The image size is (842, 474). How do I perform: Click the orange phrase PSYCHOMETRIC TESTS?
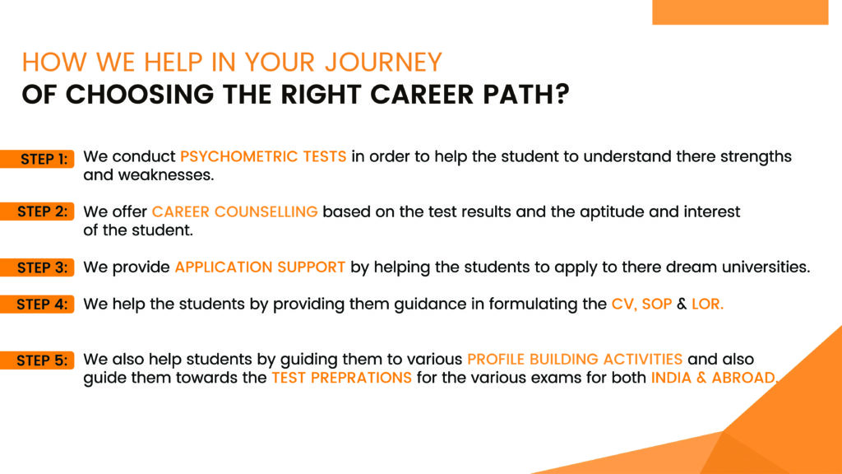pyautogui.click(x=263, y=156)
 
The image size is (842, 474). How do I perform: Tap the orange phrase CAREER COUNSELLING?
pyautogui.click(x=234, y=211)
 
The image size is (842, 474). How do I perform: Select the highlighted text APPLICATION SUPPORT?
pyautogui.click(x=260, y=267)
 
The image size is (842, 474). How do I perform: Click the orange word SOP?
pyautogui.click(x=657, y=304)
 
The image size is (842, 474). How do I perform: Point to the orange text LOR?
pyautogui.click(x=707, y=304)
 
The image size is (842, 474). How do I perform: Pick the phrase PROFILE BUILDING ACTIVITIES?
pyautogui.click(x=575, y=359)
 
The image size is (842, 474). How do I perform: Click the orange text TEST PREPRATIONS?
pyautogui.click(x=341, y=377)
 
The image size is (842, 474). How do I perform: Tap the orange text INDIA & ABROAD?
pyautogui.click(x=715, y=378)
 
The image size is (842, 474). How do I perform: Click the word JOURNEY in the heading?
pyautogui.click(x=383, y=63)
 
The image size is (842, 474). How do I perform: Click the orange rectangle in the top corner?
pyautogui.click(x=740, y=12)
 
